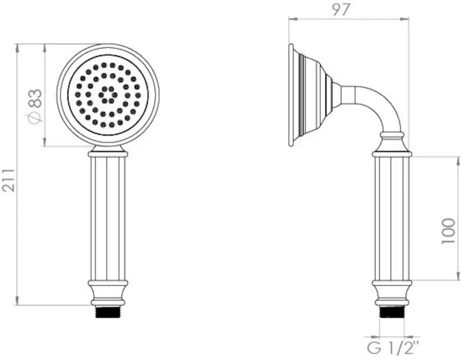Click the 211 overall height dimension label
(x=9, y=180)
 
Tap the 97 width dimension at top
(x=341, y=9)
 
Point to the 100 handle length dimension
(x=449, y=230)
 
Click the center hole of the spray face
(x=108, y=95)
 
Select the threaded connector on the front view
(x=108, y=312)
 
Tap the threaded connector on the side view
(x=392, y=312)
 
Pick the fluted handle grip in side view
(x=392, y=218)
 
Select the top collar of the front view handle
(x=108, y=154)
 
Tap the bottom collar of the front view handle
(x=108, y=290)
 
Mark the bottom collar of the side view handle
(x=392, y=290)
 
